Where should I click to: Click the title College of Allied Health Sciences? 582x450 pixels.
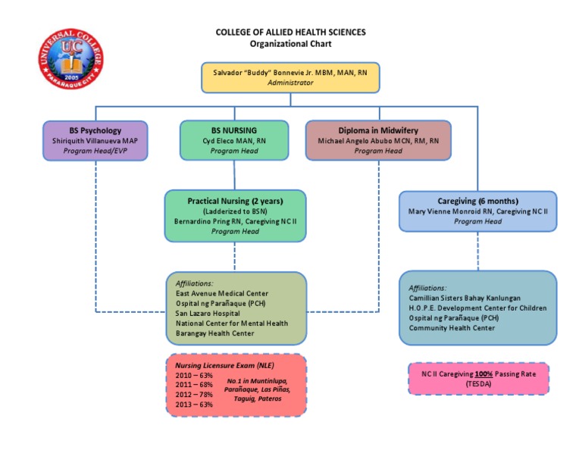(x=291, y=33)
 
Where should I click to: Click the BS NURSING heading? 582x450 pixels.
(x=236, y=130)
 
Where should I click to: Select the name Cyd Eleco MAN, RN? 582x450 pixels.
(x=236, y=140)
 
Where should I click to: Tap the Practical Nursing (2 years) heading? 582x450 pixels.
(x=235, y=201)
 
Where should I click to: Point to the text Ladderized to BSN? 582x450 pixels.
(x=235, y=211)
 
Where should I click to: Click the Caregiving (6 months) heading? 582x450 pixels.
(x=478, y=201)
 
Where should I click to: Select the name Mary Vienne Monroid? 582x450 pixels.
(x=478, y=211)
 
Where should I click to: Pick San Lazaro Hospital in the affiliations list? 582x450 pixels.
(x=208, y=313)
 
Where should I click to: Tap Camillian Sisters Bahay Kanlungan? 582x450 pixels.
(x=465, y=298)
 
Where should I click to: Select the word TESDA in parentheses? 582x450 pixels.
(x=478, y=384)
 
